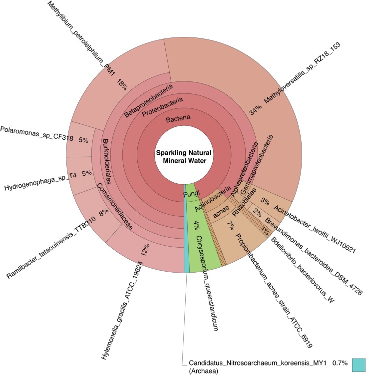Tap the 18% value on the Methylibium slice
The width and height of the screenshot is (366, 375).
point(122,84)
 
